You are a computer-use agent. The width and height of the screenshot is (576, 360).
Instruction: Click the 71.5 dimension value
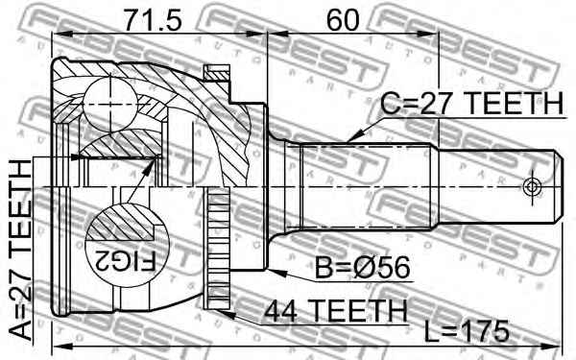coord(153,20)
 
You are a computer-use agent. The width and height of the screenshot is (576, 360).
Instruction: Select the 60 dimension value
coord(343,20)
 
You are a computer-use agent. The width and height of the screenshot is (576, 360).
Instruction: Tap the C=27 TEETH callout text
coord(471,104)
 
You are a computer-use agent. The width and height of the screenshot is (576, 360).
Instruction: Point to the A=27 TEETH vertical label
coord(20,251)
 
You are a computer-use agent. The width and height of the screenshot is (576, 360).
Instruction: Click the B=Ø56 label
coord(362,268)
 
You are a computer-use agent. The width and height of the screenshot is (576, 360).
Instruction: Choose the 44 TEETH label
coord(336,311)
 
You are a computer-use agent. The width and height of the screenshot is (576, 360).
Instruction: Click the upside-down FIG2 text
coord(126,261)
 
